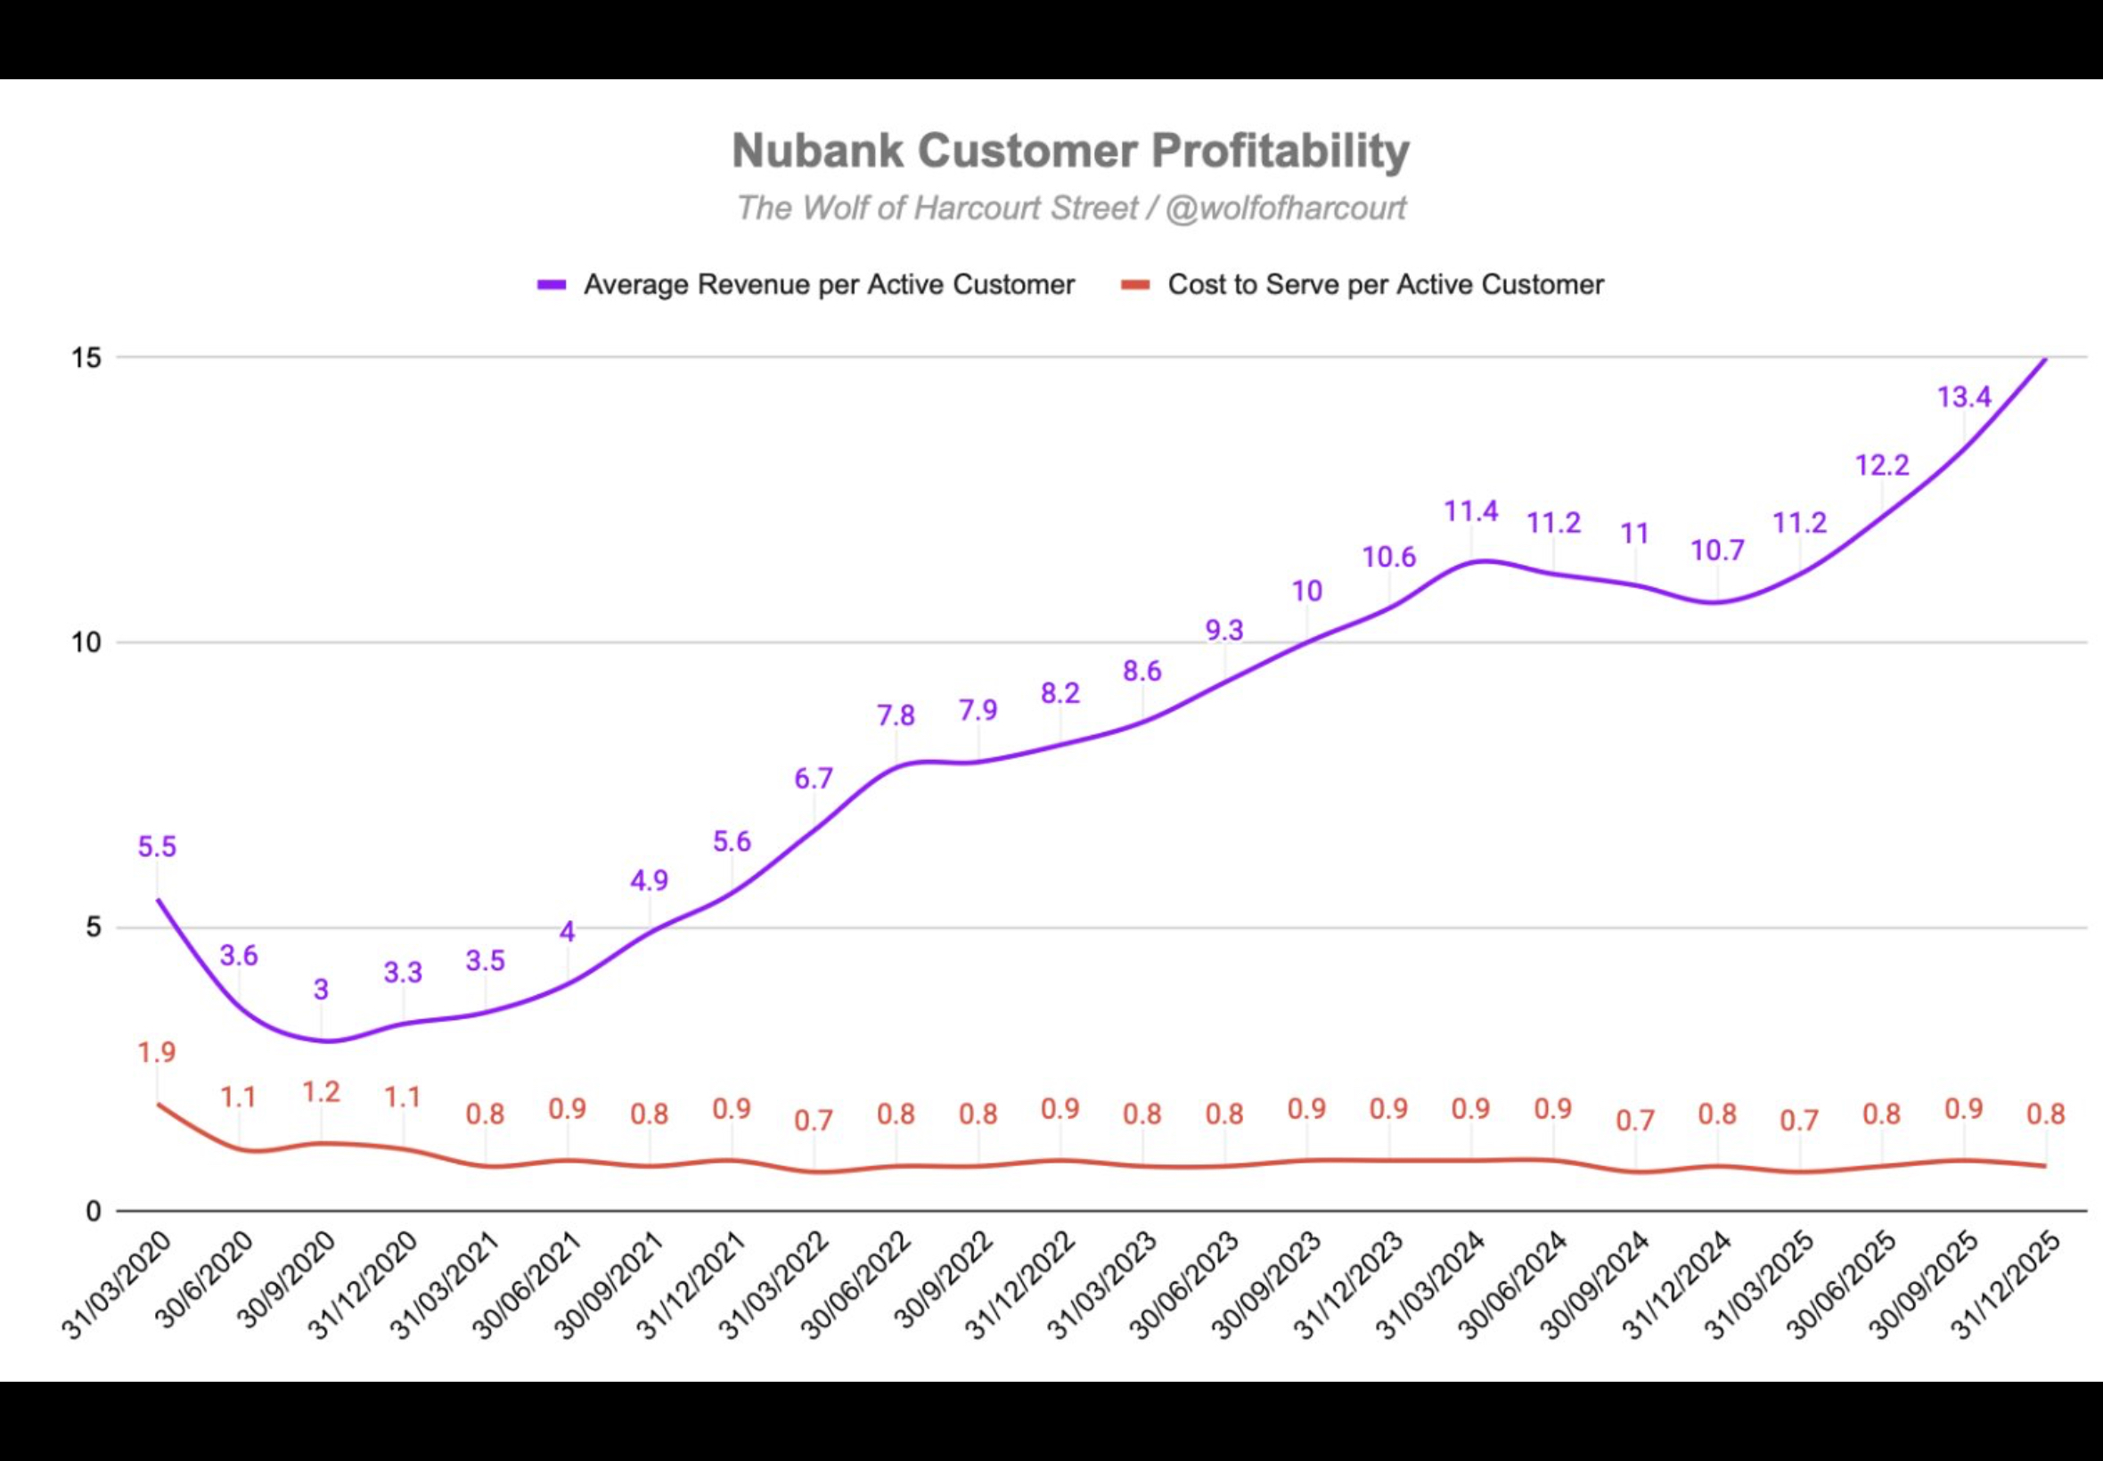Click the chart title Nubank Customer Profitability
coord(1070,151)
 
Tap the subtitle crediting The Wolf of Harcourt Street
coord(1070,208)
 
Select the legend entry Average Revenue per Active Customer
coord(806,285)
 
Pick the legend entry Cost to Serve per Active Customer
coord(1362,285)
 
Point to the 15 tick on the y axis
coord(86,358)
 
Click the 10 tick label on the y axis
coord(86,642)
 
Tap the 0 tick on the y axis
coord(94,1212)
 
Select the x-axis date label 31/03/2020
coord(118,1286)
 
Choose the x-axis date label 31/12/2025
coord(2008,1286)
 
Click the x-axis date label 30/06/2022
coord(857,1286)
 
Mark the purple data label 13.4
coord(1964,397)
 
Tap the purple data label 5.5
coord(157,847)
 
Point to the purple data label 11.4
coord(1471,510)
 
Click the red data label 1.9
coord(157,1053)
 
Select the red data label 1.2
coord(322,1092)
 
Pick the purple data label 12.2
coord(1882,465)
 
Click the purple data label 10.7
coord(1717,551)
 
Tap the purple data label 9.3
coord(1224,630)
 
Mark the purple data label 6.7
coord(814,778)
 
